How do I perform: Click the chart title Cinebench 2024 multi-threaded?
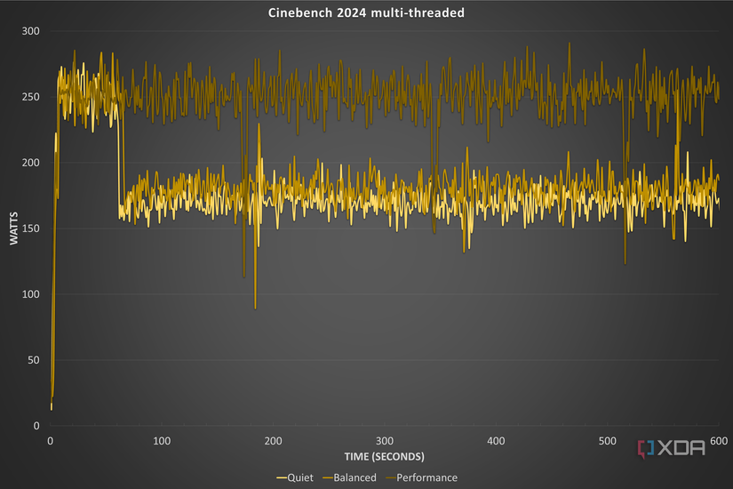[x=365, y=13]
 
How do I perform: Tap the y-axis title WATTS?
[x=13, y=228]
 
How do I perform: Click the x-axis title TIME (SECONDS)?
[x=384, y=456]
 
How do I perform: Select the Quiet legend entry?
[x=299, y=477]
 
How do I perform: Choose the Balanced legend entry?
[x=353, y=477]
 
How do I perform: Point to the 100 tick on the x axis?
[x=162, y=441]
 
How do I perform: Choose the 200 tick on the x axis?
[x=274, y=441]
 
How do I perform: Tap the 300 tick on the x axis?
[x=385, y=441]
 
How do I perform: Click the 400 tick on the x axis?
[x=496, y=441]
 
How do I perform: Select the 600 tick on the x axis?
[x=718, y=441]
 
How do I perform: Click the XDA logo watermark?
[x=673, y=447]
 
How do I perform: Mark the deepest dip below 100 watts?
[x=255, y=308]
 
